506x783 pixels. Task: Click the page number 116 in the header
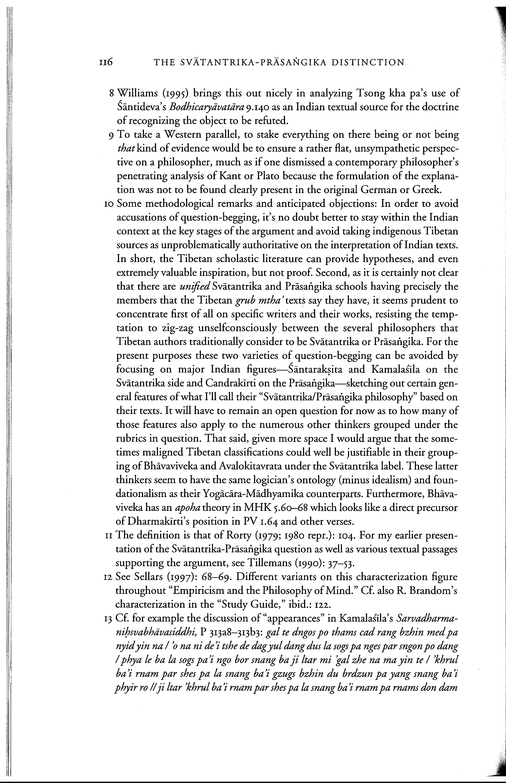[x=106, y=62]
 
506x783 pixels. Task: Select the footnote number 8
[x=111, y=94]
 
